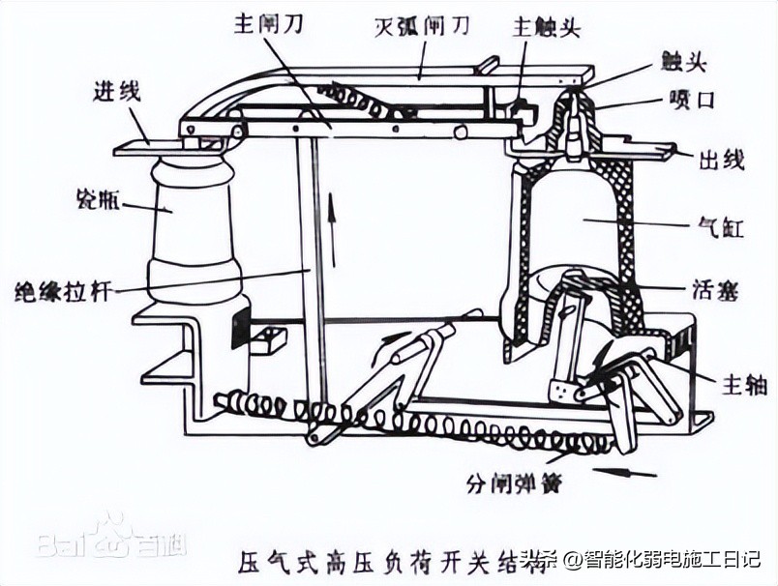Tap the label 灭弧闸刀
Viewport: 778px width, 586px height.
[422, 25]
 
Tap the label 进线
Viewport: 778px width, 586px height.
[116, 93]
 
